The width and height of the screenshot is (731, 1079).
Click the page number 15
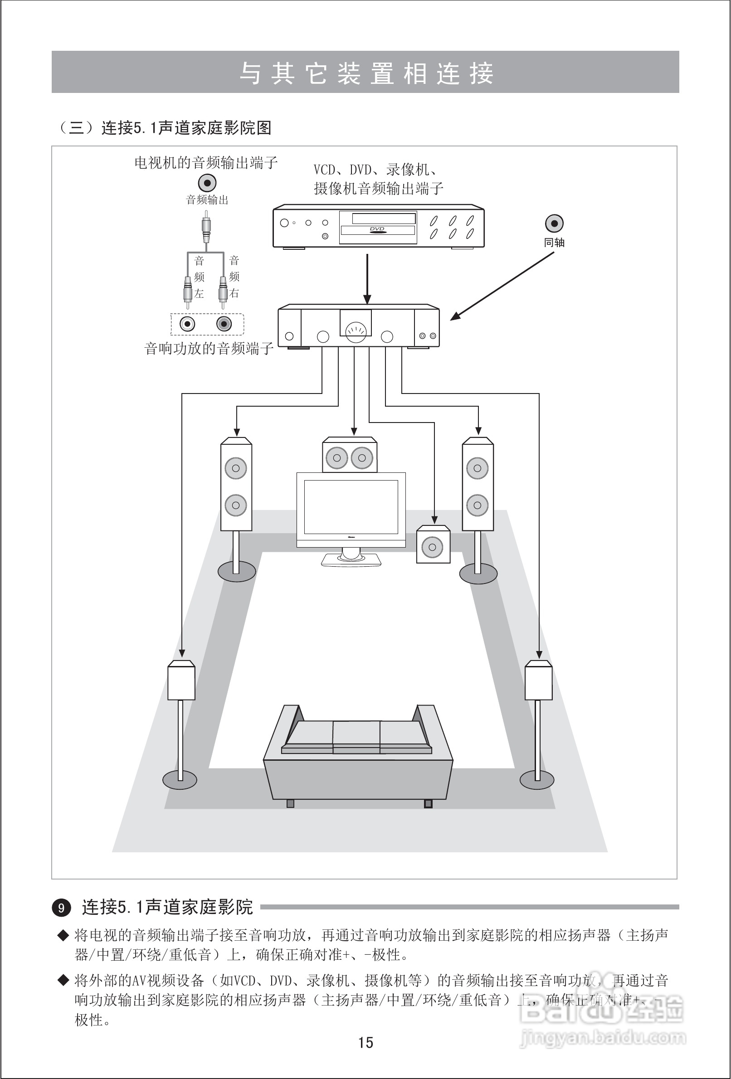point(365,1043)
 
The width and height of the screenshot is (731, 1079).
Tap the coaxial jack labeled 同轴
point(554,224)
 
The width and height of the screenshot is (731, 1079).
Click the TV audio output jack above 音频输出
point(207,182)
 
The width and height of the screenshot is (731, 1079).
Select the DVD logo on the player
point(377,229)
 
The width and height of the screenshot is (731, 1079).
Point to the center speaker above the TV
point(349,457)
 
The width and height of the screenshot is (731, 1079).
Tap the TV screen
point(351,507)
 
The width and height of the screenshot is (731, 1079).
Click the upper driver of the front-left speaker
point(236,468)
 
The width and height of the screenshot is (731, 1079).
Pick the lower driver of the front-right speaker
point(478,505)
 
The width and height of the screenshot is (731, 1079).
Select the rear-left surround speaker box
point(181,681)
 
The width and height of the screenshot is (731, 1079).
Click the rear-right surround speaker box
point(539,681)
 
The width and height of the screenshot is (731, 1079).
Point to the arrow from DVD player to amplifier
point(367,278)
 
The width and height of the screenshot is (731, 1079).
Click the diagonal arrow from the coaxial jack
point(502,286)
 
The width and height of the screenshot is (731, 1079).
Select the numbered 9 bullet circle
point(61,907)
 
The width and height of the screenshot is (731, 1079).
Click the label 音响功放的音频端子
point(209,348)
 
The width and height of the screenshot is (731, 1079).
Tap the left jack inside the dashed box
point(188,324)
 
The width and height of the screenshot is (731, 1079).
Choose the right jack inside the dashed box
point(224,324)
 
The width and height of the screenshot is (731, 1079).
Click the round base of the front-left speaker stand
point(237,571)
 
